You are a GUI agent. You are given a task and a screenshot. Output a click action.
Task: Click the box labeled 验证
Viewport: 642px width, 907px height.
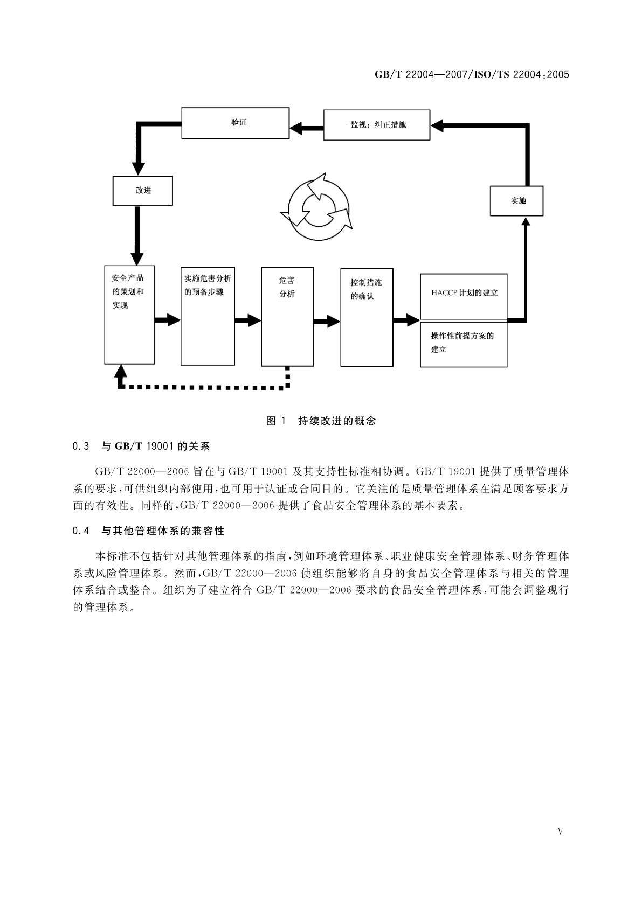coord(235,123)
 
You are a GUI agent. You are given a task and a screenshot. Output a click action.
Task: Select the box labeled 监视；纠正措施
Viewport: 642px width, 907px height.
coord(376,125)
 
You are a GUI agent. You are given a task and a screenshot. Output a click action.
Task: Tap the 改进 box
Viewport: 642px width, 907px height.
coord(143,191)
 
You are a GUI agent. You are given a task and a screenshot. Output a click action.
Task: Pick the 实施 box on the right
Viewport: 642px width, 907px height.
coord(516,200)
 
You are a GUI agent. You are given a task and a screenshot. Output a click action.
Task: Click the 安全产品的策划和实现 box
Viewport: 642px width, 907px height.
coord(129,315)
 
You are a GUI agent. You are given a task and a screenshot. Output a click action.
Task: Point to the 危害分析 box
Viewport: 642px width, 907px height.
coord(287,317)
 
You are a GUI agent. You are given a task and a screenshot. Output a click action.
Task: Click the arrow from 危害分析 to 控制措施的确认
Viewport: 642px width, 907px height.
coord(327,322)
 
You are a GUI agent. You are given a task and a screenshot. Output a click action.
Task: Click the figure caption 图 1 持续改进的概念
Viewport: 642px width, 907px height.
coord(321,421)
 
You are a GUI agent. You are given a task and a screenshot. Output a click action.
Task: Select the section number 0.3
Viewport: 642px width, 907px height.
coord(80,446)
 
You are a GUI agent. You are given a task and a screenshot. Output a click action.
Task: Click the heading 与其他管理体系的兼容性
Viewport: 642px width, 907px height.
coord(163,531)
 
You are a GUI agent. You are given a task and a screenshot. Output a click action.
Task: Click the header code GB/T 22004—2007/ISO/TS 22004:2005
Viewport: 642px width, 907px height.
coord(472,75)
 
